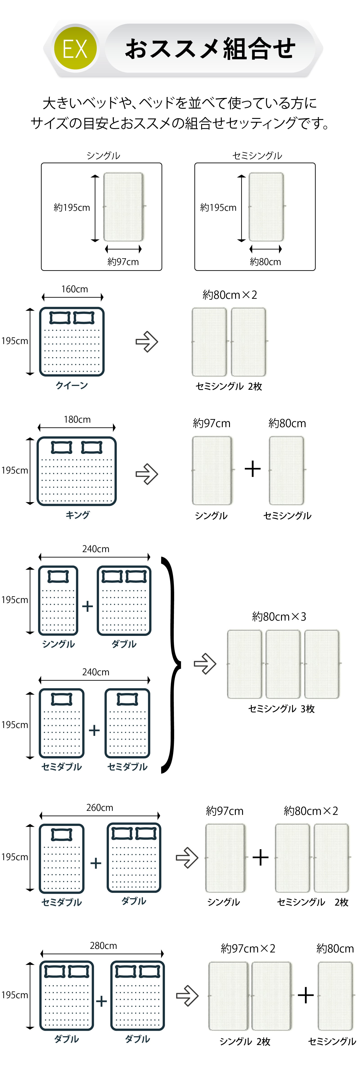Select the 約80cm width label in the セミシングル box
pos(265,262)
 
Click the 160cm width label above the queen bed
pos(75,289)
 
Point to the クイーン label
pos(72,385)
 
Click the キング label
pos(78,515)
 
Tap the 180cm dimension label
pos(77,419)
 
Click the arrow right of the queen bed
pos(147,342)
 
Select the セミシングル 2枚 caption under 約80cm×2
pos(229,386)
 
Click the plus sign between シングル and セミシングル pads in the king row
pos(252,469)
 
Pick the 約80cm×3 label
pos(279,617)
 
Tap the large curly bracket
pos(172,665)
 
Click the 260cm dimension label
pos(100,807)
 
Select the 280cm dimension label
pos(103,945)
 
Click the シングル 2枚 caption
pos(245,1041)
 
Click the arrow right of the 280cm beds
pos(187,996)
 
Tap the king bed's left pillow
pos(61,447)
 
